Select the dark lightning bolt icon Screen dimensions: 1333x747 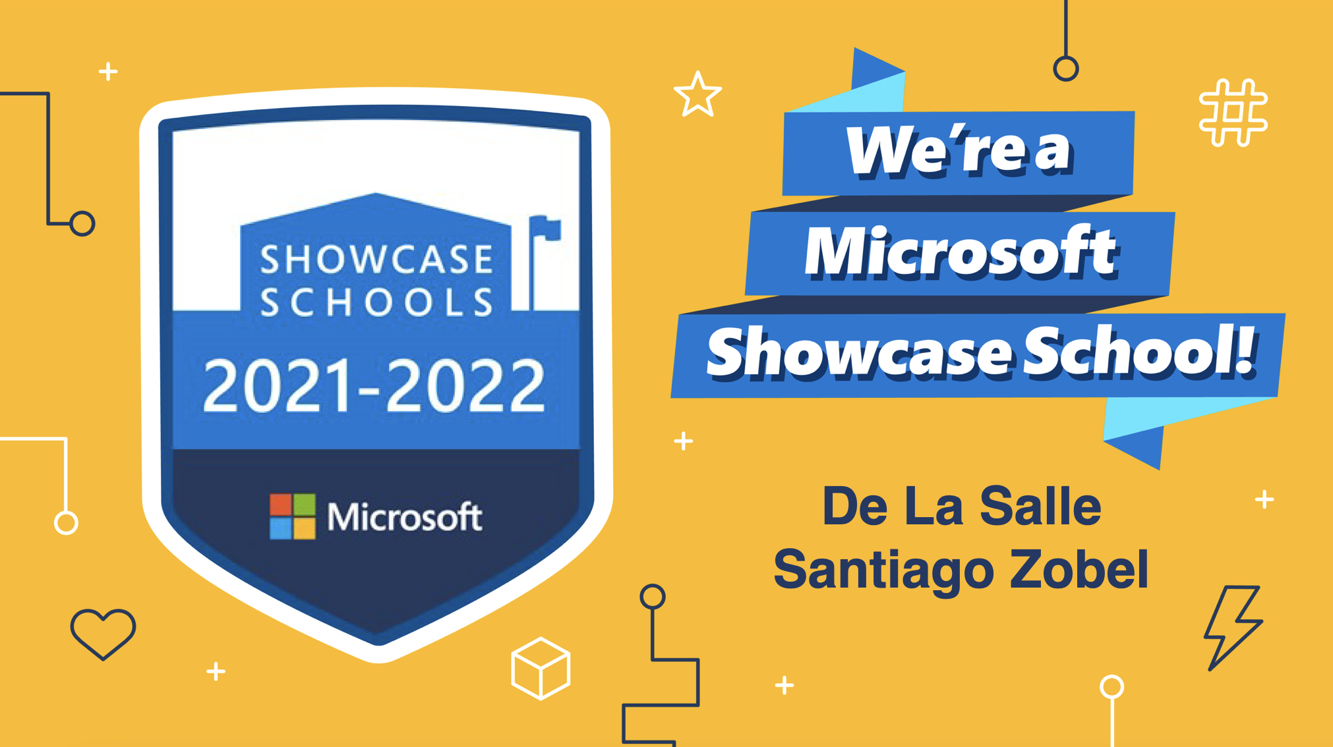(1232, 628)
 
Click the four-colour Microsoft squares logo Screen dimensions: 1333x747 (293, 516)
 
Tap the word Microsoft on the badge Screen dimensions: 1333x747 (405, 516)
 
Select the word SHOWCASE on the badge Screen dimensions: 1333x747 (376, 259)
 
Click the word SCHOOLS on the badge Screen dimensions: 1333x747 (376, 302)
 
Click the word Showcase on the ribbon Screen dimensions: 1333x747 (860, 354)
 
